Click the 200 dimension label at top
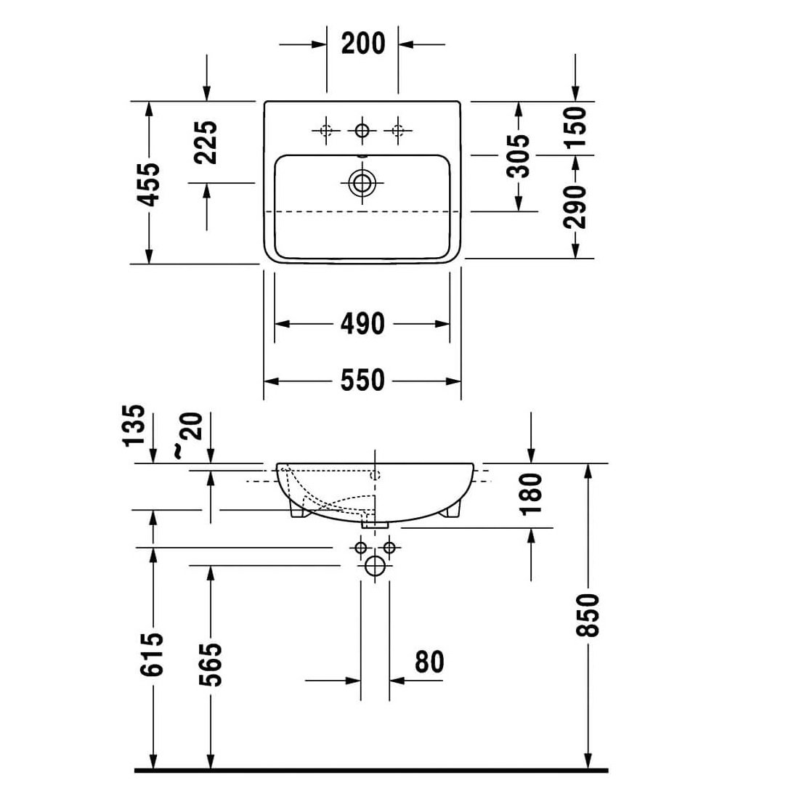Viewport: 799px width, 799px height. tap(362, 44)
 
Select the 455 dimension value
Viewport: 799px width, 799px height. tap(150, 184)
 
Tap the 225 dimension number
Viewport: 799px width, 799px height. tap(207, 142)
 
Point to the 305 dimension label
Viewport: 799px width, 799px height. tap(519, 155)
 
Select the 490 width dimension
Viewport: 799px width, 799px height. tap(362, 323)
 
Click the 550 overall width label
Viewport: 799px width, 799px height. tap(362, 380)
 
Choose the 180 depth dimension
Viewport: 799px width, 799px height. tap(532, 492)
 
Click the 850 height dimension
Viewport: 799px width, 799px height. tap(588, 615)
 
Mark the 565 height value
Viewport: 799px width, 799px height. tap(210, 664)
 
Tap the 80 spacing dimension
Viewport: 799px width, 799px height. tap(429, 662)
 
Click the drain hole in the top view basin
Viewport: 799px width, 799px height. tap(362, 183)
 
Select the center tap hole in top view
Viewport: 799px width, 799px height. tap(362, 131)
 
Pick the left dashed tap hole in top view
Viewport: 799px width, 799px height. tap(325, 131)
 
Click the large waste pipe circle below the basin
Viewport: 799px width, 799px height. tap(375, 567)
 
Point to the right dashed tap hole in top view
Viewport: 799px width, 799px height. tap(397, 131)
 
